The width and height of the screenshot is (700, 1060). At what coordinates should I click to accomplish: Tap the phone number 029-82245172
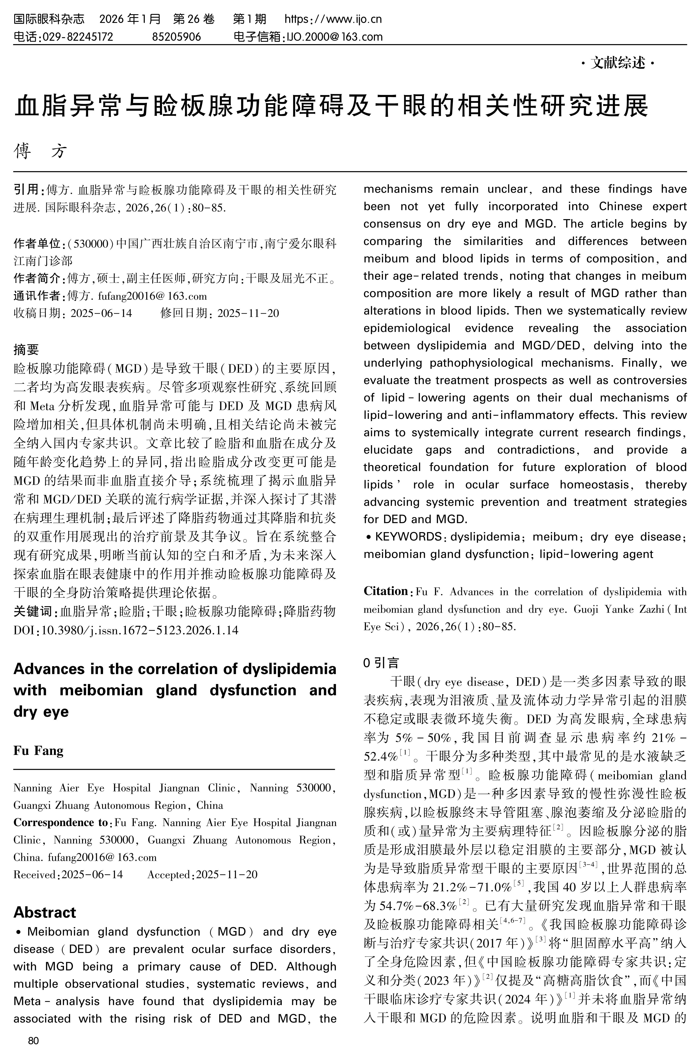click(77, 36)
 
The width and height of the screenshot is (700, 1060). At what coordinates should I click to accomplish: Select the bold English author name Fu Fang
click(38, 751)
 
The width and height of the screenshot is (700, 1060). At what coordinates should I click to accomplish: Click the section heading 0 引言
click(381, 663)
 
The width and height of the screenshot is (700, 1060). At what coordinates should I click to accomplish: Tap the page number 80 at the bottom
click(34, 1040)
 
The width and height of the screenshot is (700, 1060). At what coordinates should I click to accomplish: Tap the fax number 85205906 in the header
click(177, 36)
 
